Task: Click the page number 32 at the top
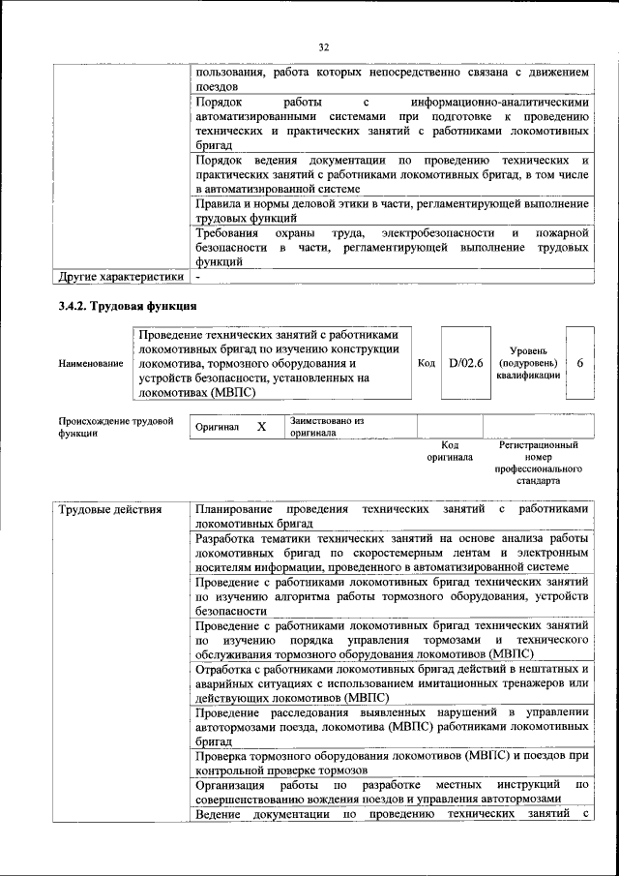point(323,45)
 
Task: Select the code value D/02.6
point(466,363)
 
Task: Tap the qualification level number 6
point(578,363)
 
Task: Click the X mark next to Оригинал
point(261,426)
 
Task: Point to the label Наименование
point(91,363)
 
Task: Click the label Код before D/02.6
point(426,363)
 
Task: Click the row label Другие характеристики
point(120,278)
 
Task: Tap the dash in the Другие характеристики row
point(197,278)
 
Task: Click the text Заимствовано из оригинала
point(325,427)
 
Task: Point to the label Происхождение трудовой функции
point(115,427)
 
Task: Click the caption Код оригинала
point(450,450)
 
